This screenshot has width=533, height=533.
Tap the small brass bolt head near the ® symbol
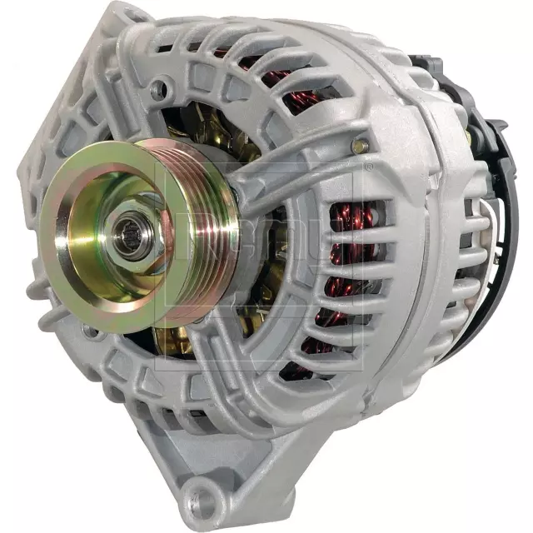tap(360, 146)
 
